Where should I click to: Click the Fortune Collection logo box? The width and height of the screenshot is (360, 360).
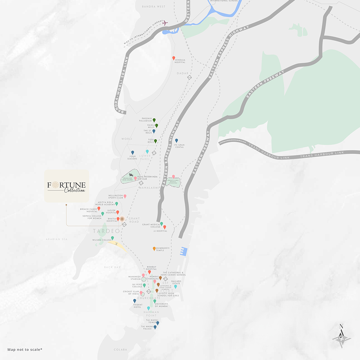coord(67,186)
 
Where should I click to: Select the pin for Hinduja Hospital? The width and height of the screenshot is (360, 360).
coord(174,58)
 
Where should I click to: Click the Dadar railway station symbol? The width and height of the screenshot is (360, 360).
coord(189,77)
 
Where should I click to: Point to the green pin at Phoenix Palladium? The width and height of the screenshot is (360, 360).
coord(154,120)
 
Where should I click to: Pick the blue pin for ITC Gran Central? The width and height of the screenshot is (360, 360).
coord(176,140)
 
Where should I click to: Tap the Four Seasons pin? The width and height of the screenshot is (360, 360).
coord(132,152)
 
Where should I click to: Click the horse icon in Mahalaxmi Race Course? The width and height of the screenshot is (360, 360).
coord(131,175)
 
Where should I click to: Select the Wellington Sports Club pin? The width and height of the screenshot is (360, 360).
coord(125,196)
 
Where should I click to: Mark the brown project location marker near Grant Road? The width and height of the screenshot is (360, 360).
coord(122,219)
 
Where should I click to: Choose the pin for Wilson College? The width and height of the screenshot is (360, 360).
coord(112,238)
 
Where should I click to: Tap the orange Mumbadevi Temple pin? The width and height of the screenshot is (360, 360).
coord(154,248)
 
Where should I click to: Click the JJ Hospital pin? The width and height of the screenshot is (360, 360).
coord(164,227)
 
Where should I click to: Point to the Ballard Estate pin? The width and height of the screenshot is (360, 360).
coord(176,286)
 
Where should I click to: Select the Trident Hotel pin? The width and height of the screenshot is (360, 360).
coord(135,301)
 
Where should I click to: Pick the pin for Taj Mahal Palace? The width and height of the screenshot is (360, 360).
coord(155,327)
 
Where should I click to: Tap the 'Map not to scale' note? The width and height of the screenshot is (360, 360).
coord(25,349)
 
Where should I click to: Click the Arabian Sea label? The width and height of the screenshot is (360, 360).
coord(57,239)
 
